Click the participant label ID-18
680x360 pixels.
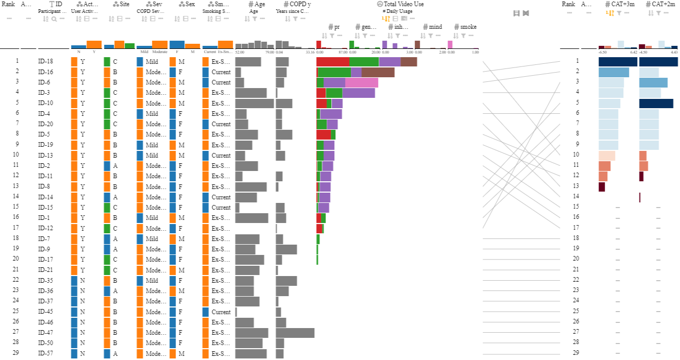[x=45, y=62]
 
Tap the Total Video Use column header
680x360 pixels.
[x=404, y=4]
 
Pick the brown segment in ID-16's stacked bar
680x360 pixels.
[x=378, y=72]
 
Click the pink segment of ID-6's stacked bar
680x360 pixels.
[x=362, y=82]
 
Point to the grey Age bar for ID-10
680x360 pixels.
[x=254, y=104]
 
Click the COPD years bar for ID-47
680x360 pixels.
[x=295, y=333]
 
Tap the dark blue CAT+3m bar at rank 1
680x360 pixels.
[x=618, y=62]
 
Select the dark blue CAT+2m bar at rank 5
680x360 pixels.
[x=656, y=104]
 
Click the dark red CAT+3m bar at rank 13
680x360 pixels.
[x=602, y=187]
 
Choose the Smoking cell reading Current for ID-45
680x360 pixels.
[x=221, y=312]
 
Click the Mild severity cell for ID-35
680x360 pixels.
[x=152, y=281]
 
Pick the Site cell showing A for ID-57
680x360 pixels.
[x=115, y=353]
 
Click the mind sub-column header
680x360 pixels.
[x=435, y=27]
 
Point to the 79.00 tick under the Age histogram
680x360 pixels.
[x=269, y=52]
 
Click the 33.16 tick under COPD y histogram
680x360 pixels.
[x=310, y=52]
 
